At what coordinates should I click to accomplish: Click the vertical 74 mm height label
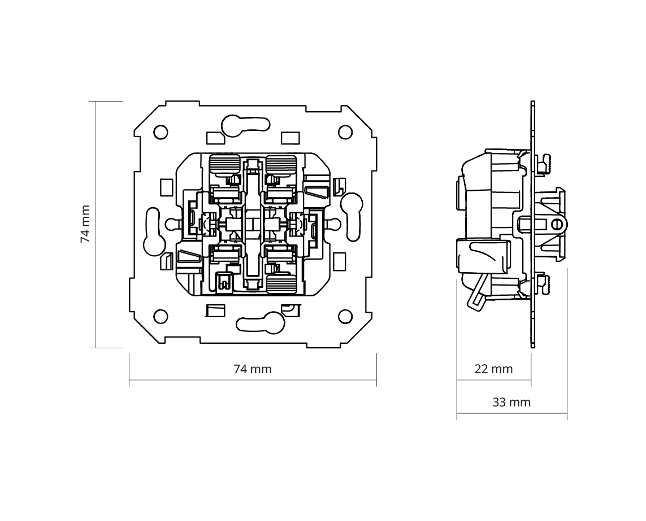[85, 224]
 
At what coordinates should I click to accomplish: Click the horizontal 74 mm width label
[253, 369]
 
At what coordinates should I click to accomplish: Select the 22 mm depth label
[493, 369]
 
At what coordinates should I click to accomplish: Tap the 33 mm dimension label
[511, 402]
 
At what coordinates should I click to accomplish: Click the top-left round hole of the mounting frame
[161, 133]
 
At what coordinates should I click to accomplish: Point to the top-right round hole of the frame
[345, 133]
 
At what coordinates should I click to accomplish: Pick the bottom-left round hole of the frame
[161, 317]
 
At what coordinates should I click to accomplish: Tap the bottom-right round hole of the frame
[345, 317]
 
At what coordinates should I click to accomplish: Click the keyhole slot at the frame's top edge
[245, 124]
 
